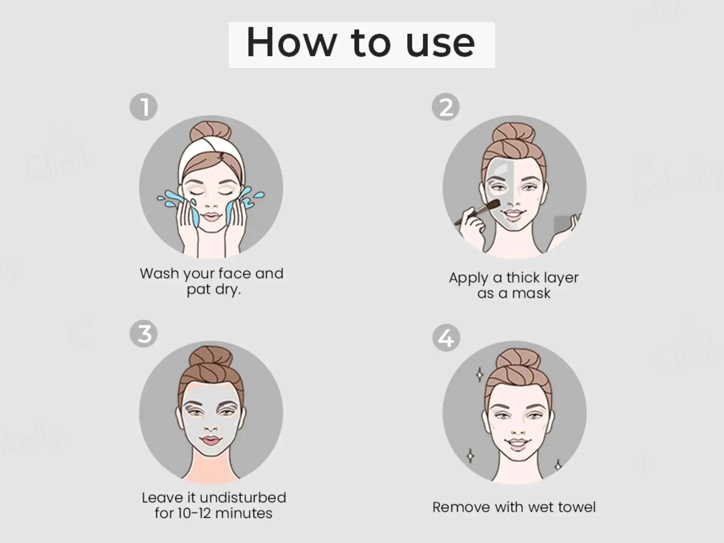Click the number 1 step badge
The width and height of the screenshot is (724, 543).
[x=143, y=107]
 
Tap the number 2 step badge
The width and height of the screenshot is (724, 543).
[x=445, y=107]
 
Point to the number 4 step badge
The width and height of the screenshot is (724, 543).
[x=446, y=338]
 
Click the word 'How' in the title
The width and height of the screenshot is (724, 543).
[x=291, y=43]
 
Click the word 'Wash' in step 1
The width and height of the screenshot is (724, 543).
[x=160, y=273]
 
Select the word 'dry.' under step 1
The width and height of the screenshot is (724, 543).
[x=228, y=290]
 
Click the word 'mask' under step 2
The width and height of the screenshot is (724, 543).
[x=532, y=293]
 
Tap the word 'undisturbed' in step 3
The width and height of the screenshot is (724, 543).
[x=243, y=498]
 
